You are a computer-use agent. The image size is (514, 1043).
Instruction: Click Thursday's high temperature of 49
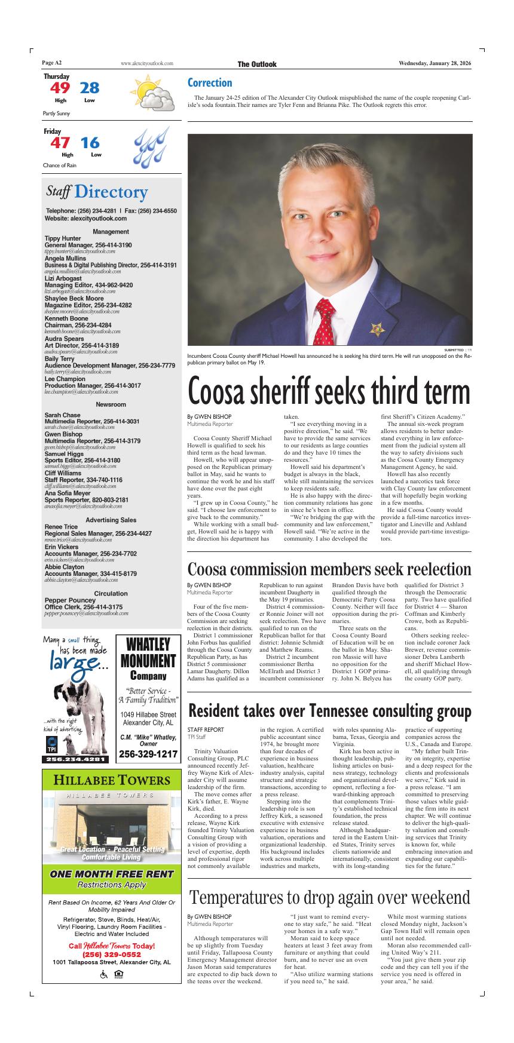pos(60,88)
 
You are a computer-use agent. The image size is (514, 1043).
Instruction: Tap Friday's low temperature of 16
pos(90,143)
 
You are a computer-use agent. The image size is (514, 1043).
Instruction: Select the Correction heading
pos(210,82)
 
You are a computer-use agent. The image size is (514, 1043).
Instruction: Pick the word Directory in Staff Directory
pos(111,192)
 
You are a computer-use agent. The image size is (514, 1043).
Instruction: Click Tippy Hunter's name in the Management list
pos(63,238)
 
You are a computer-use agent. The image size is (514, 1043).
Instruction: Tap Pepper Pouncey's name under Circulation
pos(70,600)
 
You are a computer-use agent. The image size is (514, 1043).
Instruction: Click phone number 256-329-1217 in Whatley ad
pos(148,754)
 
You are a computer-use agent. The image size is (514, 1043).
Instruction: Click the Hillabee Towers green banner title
pos(111,781)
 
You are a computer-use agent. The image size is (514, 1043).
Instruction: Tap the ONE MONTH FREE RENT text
pos(111,874)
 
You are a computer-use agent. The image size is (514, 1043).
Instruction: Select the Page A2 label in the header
pos(52,63)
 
